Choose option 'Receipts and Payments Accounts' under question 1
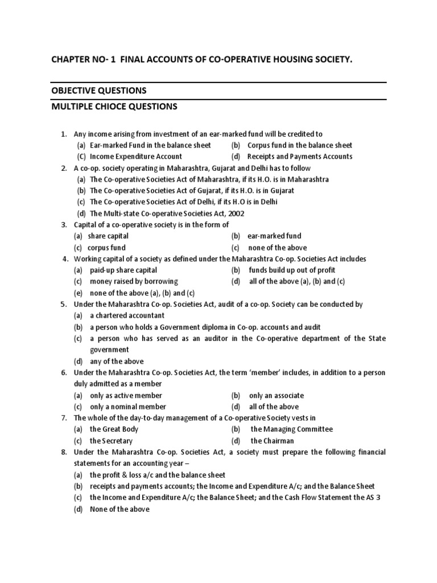pos(300,157)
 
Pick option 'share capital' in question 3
pos(108,236)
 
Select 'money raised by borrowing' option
pos(134,281)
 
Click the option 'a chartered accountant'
pos(127,315)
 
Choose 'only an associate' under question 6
pos(277,395)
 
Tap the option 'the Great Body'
pos(114,429)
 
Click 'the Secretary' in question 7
pos(111,441)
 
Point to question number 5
pos(64,305)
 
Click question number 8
pos(64,452)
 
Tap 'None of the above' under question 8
pos(119,509)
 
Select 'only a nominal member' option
pos(128,407)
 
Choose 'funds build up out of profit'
pos(292,270)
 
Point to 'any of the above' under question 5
pos(117,361)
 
